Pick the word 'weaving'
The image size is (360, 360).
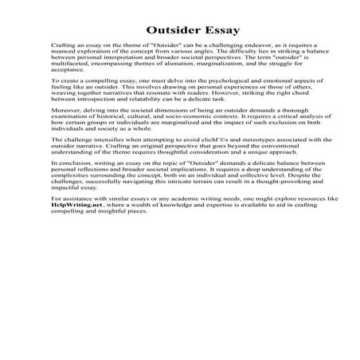pyautogui.click(x=61, y=96)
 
